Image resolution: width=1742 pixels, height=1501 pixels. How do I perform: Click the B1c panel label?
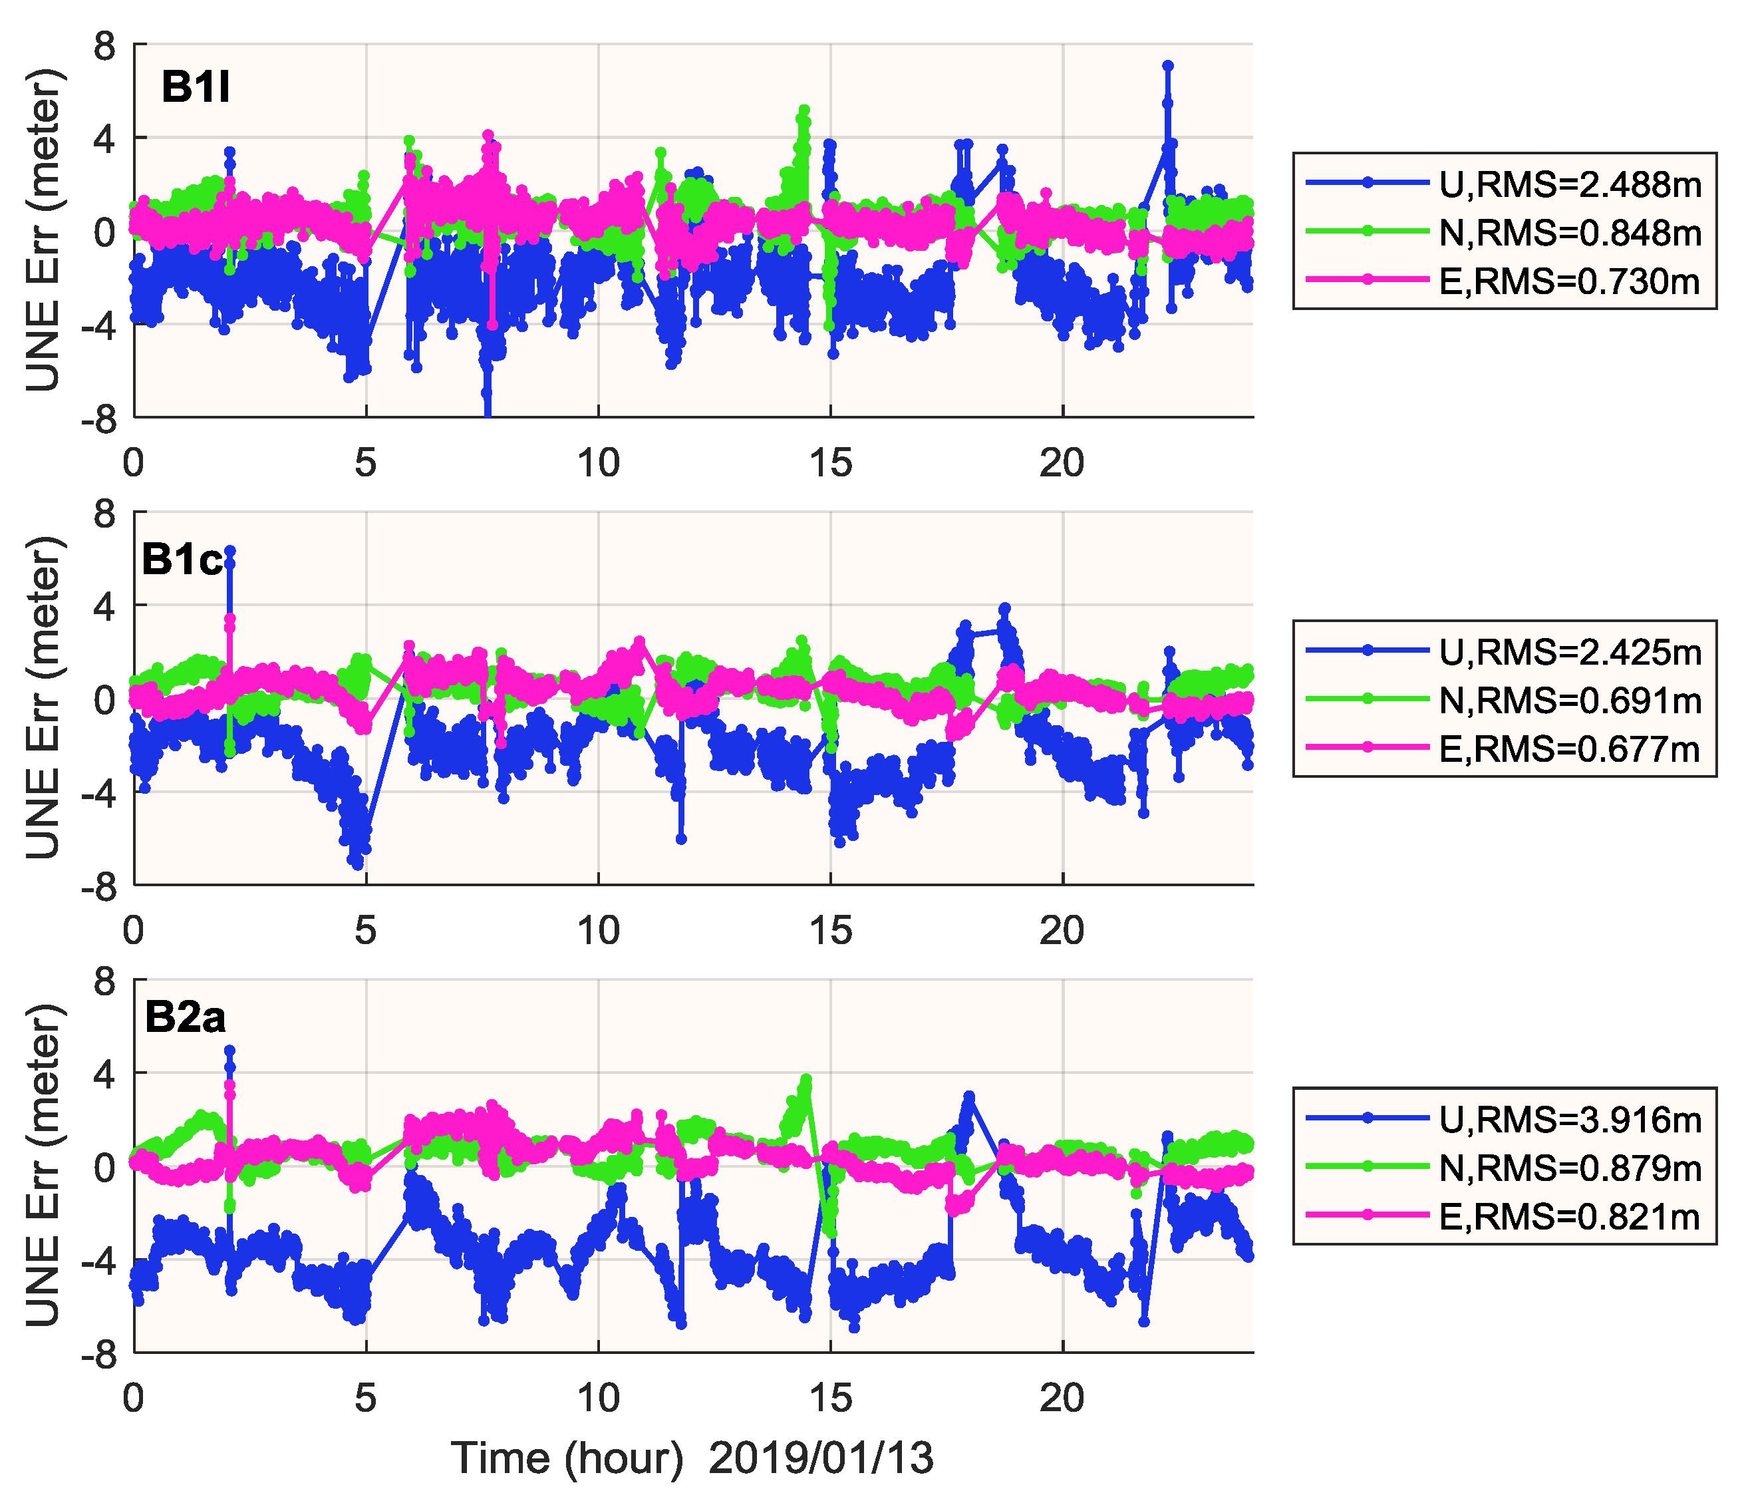(182, 559)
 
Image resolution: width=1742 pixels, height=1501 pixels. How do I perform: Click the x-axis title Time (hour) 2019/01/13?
(692, 1456)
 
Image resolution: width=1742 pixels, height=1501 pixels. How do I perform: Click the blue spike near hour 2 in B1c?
(229, 551)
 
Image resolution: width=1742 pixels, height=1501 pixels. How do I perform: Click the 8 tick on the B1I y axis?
(104, 45)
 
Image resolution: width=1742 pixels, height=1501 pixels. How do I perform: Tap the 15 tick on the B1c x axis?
(831, 930)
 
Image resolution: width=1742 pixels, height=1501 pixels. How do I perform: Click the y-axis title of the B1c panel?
(44, 698)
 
